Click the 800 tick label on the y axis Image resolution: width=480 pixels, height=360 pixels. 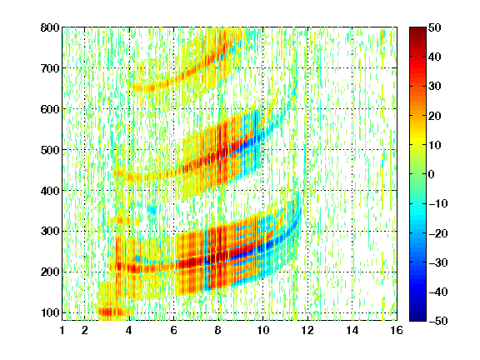[50, 27]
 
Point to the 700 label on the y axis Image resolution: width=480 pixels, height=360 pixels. [50, 68]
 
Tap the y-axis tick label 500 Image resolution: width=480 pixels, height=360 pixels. [50, 150]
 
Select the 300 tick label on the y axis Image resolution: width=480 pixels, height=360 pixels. [50, 232]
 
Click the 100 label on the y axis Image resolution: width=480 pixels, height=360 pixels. [50, 312]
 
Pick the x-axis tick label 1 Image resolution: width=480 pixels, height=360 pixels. [62, 330]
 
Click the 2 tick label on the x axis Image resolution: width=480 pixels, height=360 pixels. [85, 330]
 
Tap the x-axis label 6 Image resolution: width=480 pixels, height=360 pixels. [174, 330]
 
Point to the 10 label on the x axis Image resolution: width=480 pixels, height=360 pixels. [262, 330]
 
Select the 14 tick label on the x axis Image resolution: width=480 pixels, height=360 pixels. [352, 330]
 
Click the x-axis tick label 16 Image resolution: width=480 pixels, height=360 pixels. [397, 330]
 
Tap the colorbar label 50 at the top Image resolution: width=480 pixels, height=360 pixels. [435, 27]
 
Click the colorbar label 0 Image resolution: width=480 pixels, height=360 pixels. [432, 174]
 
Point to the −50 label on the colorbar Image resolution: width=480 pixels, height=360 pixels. [438, 321]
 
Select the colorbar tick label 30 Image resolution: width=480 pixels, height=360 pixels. [435, 87]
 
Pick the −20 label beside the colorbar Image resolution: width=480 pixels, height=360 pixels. [438, 233]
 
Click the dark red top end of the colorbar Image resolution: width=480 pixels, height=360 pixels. [417, 29]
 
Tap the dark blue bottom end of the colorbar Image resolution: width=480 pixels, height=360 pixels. [417, 318]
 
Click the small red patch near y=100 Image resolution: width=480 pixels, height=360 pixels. [110, 312]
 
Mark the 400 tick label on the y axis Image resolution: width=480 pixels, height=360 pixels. [50, 191]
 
